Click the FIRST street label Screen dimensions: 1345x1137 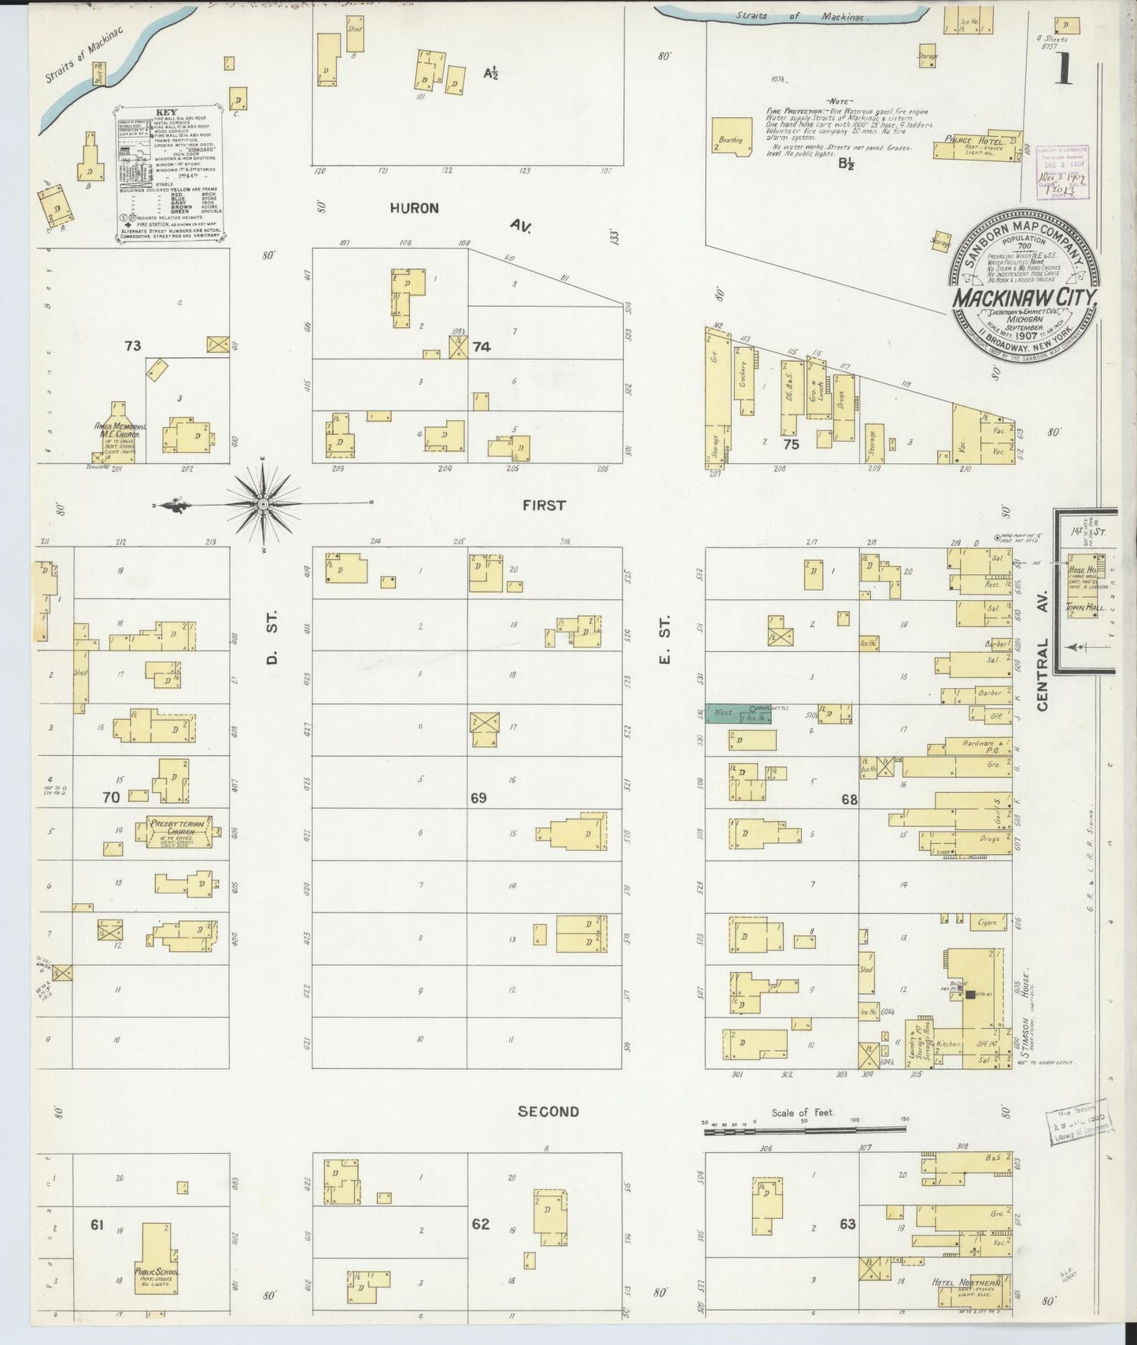point(544,505)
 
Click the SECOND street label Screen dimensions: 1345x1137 point(548,1111)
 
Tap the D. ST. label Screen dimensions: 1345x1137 point(272,650)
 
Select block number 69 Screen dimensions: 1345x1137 point(478,798)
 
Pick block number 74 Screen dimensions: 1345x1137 point(482,345)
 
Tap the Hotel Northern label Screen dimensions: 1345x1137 point(965,1281)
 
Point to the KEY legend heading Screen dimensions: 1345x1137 point(168,112)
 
